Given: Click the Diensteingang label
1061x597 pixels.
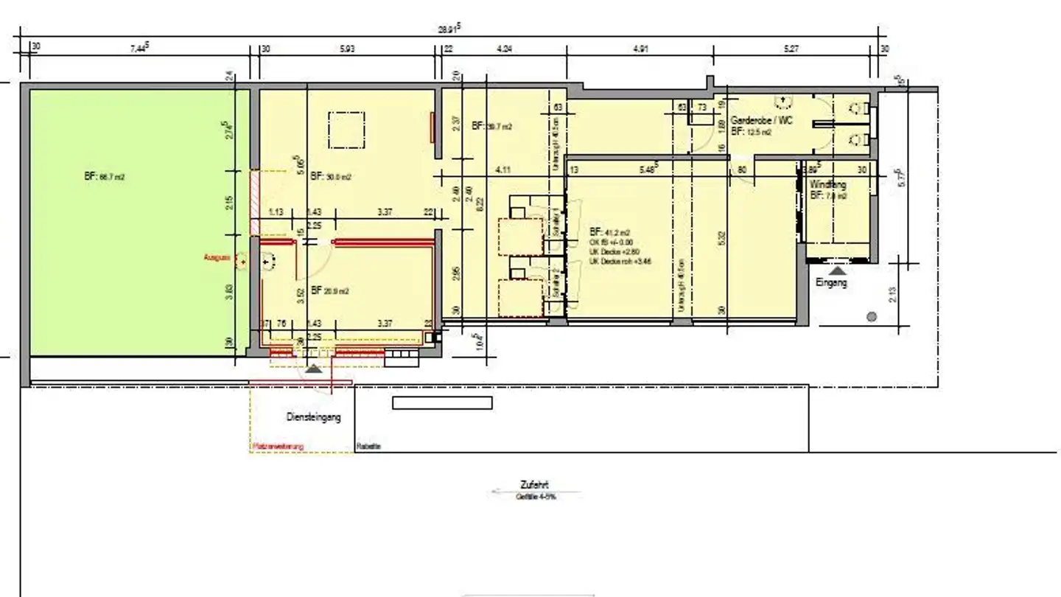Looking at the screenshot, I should (313, 417).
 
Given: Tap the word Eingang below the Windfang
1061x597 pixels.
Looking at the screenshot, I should (831, 282).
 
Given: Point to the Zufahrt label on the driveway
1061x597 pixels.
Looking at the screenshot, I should (534, 485).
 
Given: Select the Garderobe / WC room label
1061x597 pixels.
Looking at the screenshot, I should (762, 120).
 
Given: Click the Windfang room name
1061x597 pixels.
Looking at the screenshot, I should (827, 184).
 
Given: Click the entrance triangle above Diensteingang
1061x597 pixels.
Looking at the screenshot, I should (314, 369).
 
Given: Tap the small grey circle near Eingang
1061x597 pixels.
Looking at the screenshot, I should (872, 317).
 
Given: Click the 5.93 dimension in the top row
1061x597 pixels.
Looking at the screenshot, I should (347, 49).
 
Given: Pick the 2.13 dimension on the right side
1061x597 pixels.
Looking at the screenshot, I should (894, 294).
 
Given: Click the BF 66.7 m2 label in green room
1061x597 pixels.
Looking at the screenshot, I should (104, 177).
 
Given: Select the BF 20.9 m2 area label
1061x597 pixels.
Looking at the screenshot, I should (329, 291).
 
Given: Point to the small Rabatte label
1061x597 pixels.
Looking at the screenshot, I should (368, 446).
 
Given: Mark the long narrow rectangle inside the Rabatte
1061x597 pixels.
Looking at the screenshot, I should (442, 403).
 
